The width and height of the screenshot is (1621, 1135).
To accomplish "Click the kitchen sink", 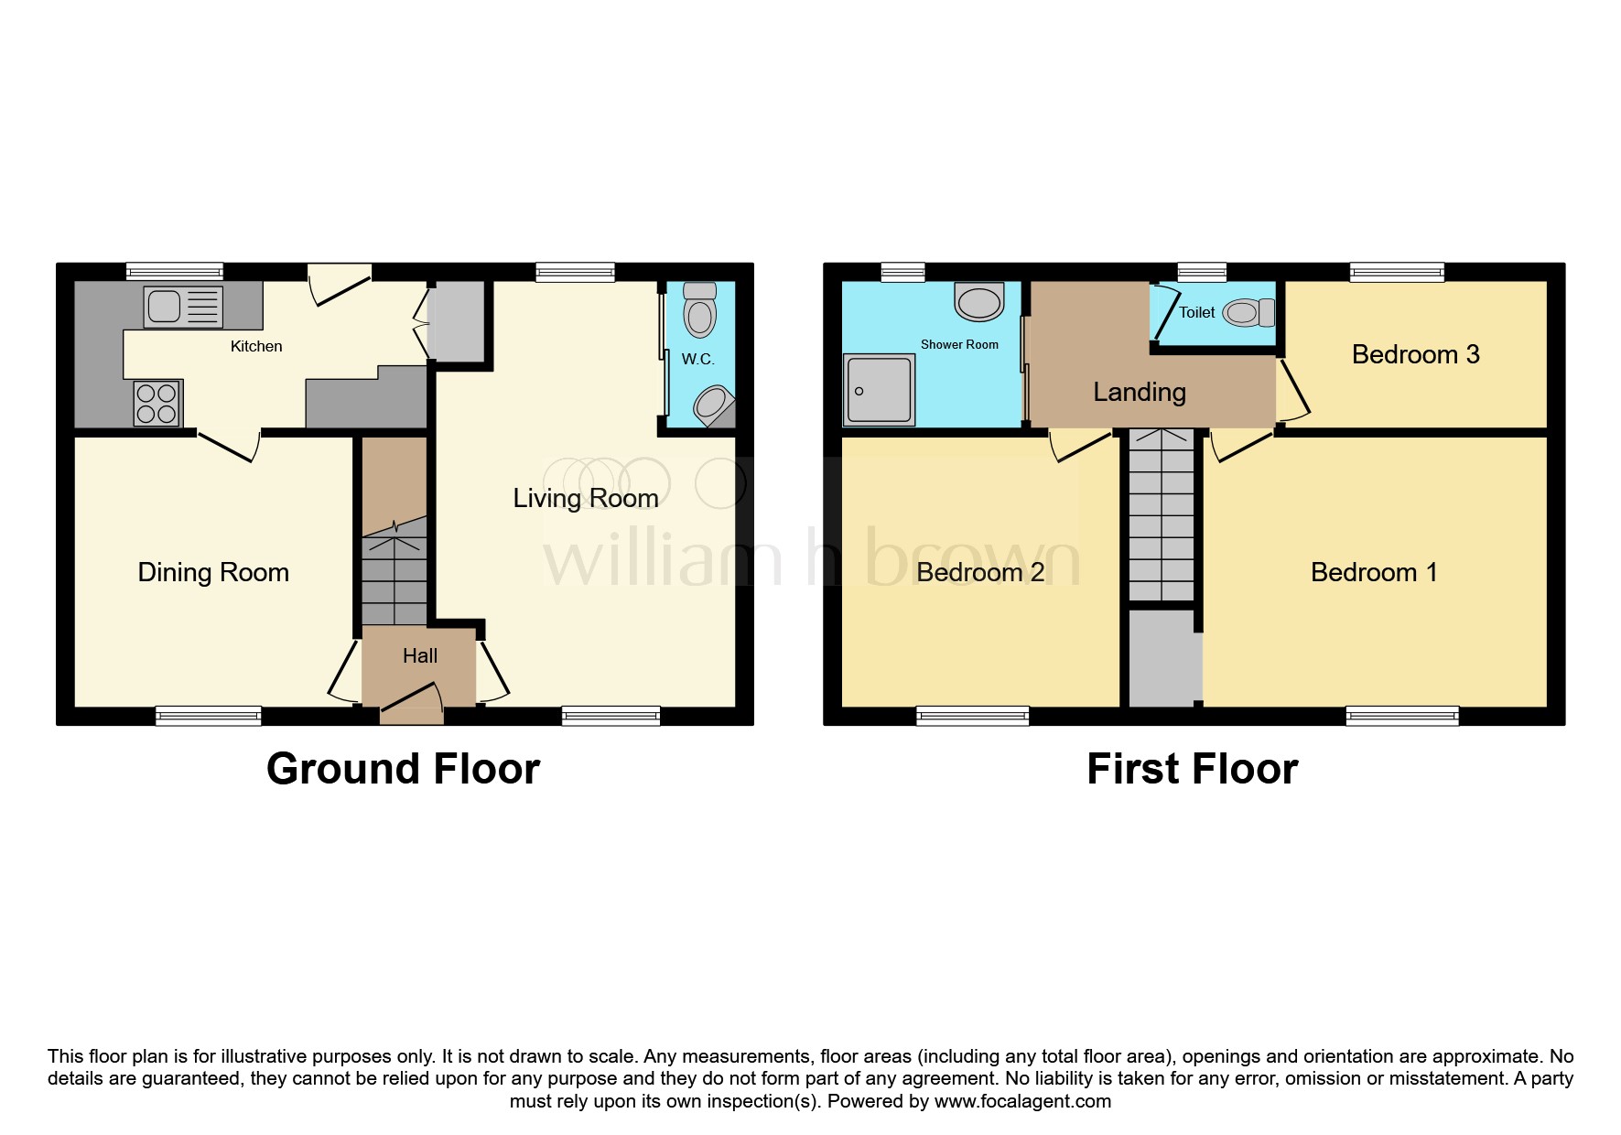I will tap(183, 307).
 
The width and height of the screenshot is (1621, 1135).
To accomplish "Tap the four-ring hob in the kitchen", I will tap(157, 404).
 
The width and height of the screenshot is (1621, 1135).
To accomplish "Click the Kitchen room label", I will tap(256, 346).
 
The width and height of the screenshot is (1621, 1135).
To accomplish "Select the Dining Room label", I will tap(213, 572).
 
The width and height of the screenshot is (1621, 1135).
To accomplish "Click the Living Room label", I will tap(586, 498).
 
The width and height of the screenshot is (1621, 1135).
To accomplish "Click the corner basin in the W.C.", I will tap(713, 404).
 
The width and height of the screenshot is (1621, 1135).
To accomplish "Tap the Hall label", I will tap(420, 655).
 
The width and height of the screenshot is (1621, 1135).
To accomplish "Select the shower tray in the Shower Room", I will tap(880, 390).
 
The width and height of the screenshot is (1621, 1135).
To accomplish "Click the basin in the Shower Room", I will tap(979, 301).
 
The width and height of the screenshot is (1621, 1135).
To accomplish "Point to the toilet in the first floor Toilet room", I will tap(1247, 313).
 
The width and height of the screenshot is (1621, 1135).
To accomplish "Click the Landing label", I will tap(1140, 392).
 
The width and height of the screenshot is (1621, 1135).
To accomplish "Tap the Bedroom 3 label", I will tap(1415, 354).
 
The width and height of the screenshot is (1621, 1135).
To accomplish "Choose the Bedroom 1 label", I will tap(1374, 572).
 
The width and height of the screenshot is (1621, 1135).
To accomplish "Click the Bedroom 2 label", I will tap(980, 572).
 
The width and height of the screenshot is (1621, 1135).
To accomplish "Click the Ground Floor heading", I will tap(403, 769).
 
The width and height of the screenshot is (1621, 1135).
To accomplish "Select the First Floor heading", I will tap(1192, 769).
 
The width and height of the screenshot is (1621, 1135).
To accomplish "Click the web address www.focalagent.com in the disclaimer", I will tap(1022, 1101).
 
